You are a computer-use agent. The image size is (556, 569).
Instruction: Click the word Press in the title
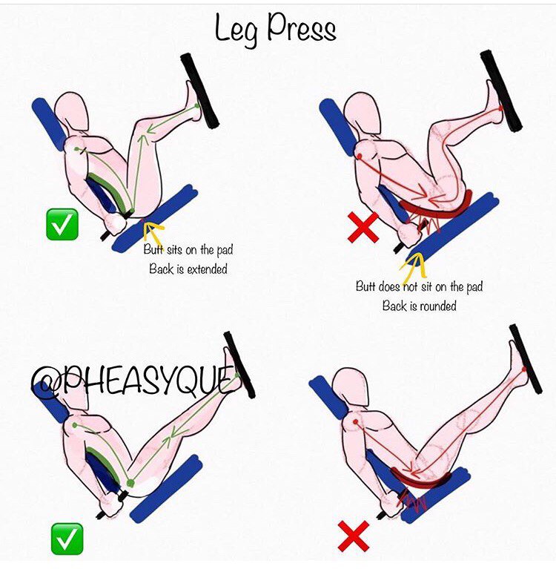click(302, 27)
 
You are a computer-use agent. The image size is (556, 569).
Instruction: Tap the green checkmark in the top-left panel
click(62, 224)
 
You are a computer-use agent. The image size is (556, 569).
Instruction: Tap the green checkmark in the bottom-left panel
click(67, 539)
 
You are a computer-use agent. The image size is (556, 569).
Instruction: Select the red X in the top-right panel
click(363, 228)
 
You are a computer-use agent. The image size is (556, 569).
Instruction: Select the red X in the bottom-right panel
click(354, 536)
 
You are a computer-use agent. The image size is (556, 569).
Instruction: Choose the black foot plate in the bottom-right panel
click(526, 359)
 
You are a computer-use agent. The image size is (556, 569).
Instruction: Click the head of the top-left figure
click(72, 111)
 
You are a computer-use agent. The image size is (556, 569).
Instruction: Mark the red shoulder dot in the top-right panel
click(360, 156)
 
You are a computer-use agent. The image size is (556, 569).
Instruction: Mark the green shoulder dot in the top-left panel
click(76, 149)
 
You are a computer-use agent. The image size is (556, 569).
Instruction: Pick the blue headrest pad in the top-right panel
click(338, 126)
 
